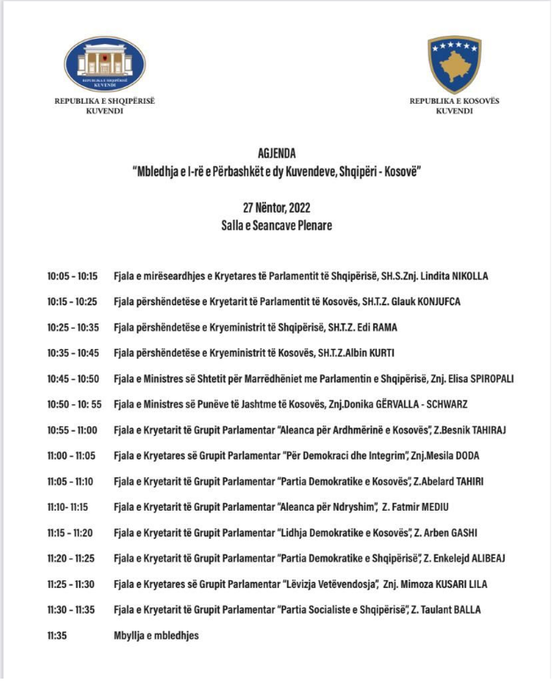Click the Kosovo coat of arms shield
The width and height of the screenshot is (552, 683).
[x=454, y=63]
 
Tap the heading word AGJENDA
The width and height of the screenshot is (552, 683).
[x=276, y=153]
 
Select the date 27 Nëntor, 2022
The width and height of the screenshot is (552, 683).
[x=276, y=207]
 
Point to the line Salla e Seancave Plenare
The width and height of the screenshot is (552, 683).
[x=276, y=225]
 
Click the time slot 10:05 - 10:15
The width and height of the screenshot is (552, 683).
[x=73, y=276]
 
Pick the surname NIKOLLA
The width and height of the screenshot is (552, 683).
[x=463, y=276]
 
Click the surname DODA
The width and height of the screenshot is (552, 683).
[x=467, y=455]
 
